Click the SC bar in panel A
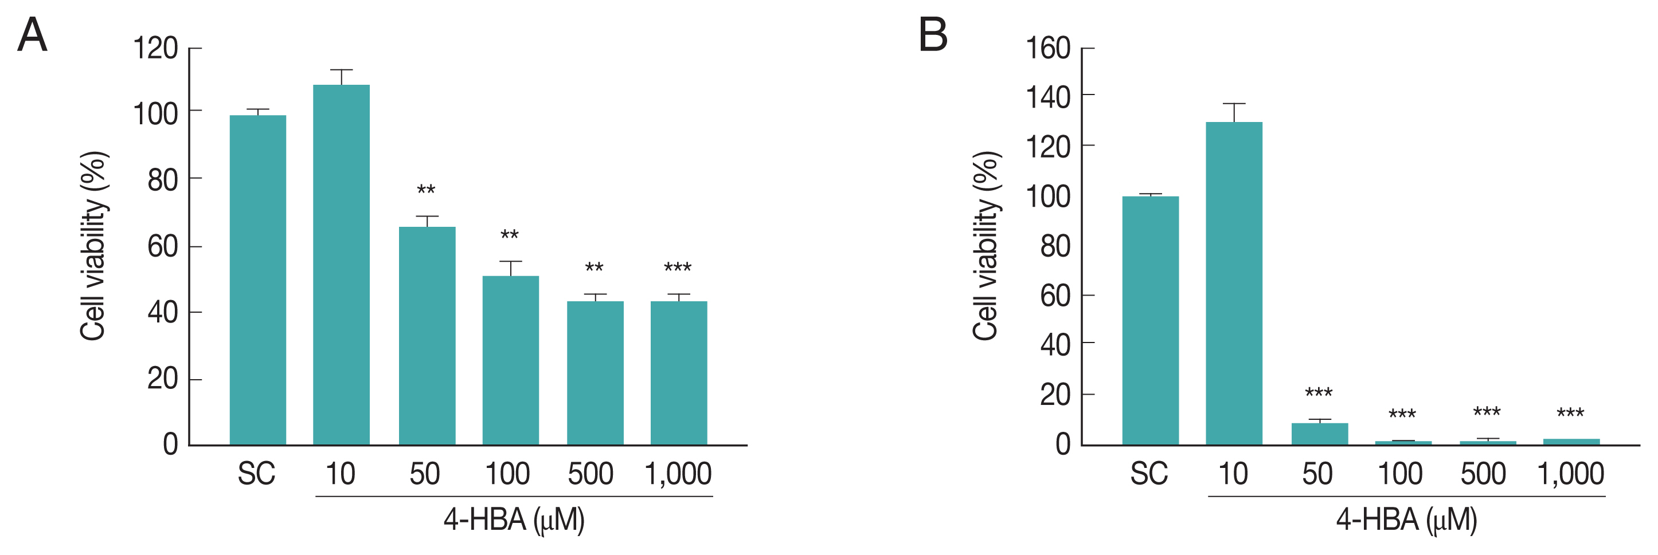point(257,280)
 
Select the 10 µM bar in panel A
point(341,263)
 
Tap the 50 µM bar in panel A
point(427,335)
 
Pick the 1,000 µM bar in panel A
point(678,372)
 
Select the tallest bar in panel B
point(1234,283)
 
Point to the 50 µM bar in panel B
point(1319,434)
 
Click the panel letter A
point(32,35)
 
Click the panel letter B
point(933,35)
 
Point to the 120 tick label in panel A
point(155,48)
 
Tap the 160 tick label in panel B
point(1048,48)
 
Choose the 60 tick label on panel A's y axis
point(162,246)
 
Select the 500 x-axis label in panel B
point(1483,474)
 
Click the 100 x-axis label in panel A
point(507,474)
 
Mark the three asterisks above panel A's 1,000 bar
point(678,267)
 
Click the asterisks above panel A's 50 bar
point(426,190)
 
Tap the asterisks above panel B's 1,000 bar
point(1570,413)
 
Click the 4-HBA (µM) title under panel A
point(514,519)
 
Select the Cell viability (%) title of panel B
point(986,246)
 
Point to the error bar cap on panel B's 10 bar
point(1234,104)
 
